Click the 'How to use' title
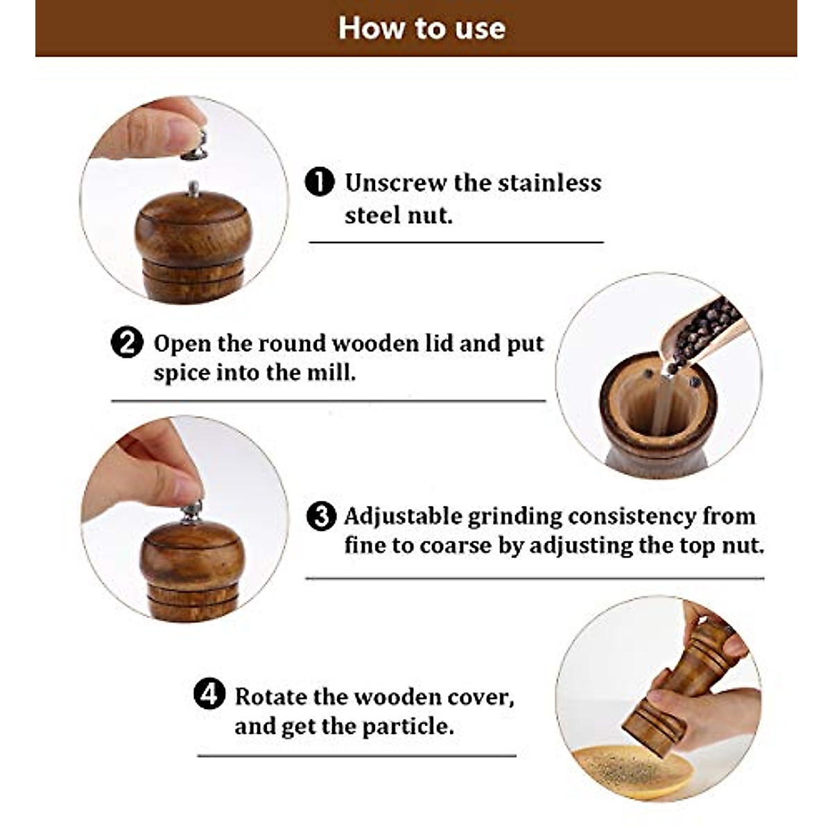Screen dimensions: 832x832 [422, 28]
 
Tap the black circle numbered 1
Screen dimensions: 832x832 [320, 182]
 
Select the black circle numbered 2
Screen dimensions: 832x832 [127, 343]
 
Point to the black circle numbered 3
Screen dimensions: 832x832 [320, 517]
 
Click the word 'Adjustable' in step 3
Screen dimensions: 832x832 [403, 517]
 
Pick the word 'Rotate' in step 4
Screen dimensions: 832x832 [271, 696]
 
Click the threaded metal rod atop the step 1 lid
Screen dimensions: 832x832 [194, 188]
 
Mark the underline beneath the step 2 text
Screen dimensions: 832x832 [328, 401]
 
